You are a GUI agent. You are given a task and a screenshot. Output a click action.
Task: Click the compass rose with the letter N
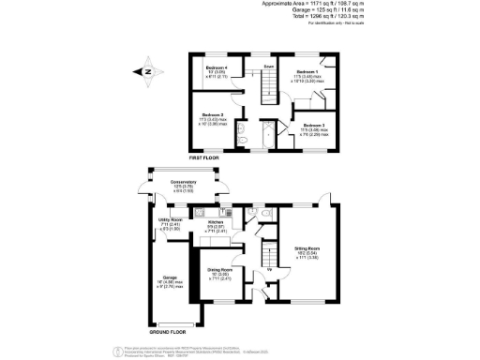[147, 68]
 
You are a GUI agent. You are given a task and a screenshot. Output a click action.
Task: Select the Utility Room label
[169, 221]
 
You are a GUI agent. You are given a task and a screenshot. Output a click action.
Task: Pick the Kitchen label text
[217, 221]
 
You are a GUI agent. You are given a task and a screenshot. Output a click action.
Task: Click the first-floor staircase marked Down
[268, 85]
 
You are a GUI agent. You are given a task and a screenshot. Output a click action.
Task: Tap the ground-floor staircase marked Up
[270, 259]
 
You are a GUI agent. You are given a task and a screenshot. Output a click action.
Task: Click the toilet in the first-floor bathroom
[243, 141]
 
